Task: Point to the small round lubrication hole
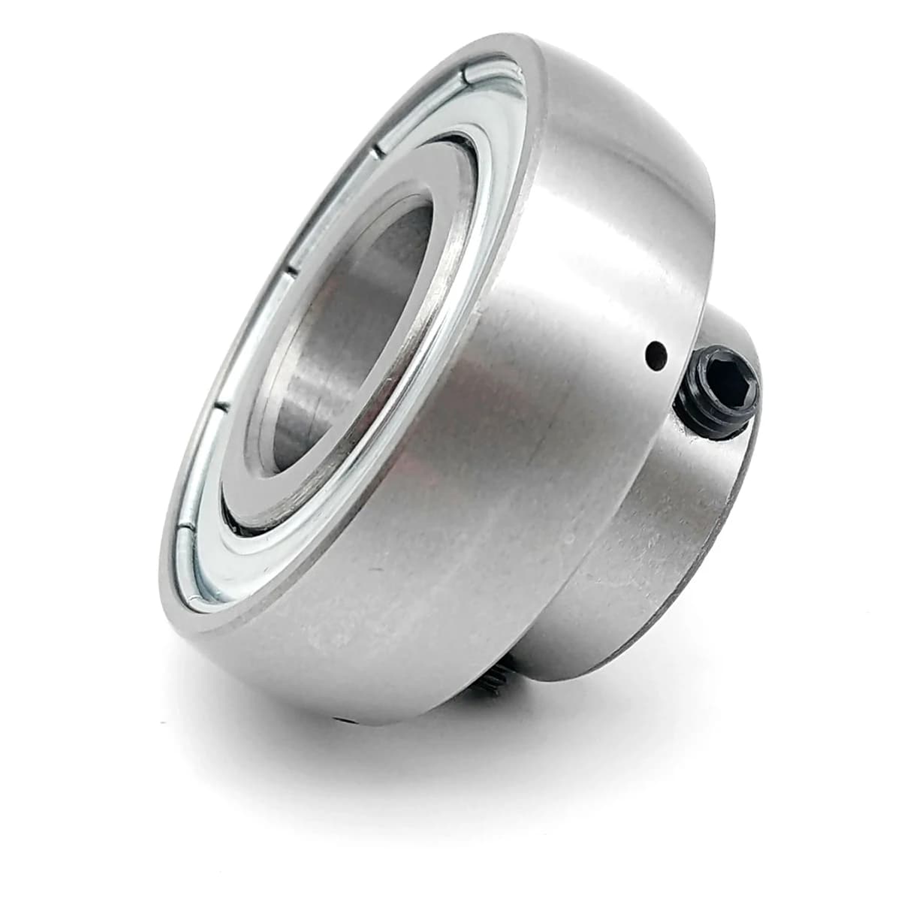(x=658, y=351)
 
